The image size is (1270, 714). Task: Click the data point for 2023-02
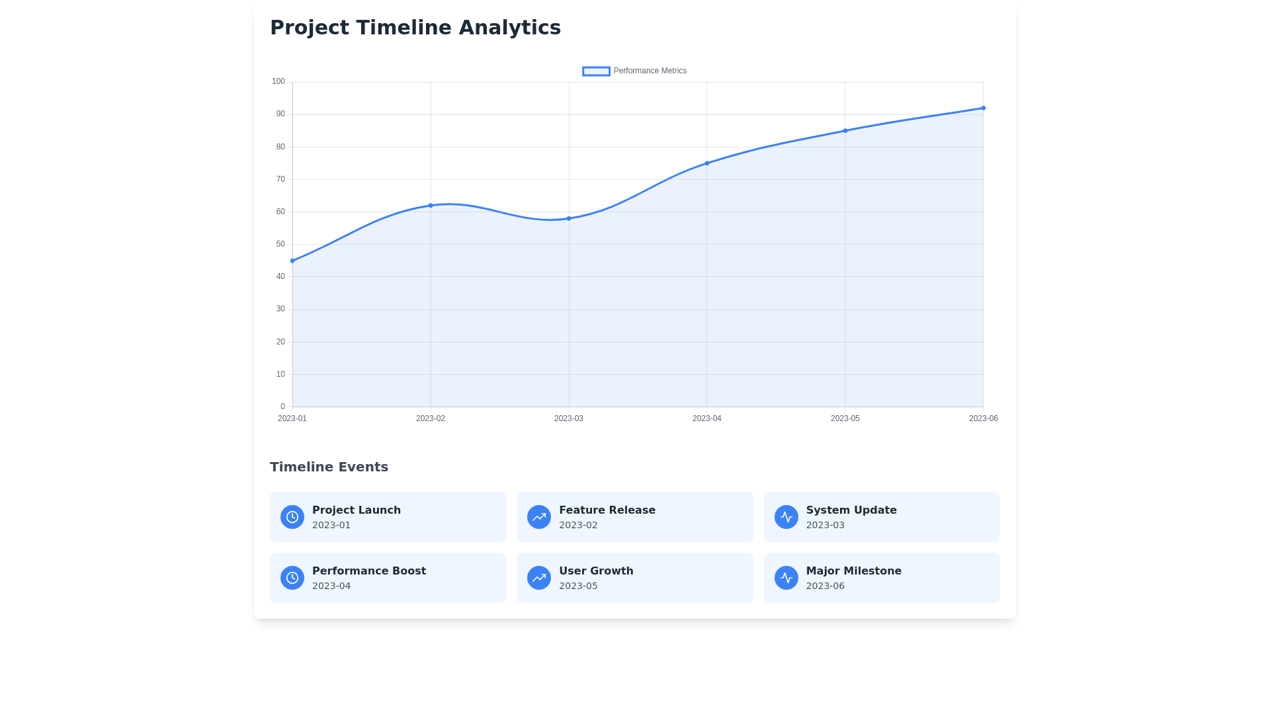coord(431,206)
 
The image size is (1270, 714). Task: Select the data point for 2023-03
coord(569,219)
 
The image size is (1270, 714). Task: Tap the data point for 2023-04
coord(707,163)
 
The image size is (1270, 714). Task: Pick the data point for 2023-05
coord(845,131)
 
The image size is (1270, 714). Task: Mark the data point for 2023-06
coord(984,108)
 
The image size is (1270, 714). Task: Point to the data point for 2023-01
coord(292,261)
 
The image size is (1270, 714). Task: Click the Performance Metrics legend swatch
coord(596,71)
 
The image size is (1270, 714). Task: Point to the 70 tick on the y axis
coord(280,179)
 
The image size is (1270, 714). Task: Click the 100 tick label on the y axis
coord(278,81)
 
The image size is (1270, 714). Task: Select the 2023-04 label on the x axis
coord(706,418)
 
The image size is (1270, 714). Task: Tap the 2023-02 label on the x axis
coord(430,418)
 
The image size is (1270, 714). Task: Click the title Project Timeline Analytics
coord(415,28)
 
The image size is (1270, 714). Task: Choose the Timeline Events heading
coord(329,467)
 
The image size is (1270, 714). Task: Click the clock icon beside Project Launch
coord(292,517)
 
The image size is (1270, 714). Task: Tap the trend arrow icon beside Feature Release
coord(539,517)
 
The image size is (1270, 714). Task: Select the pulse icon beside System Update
coord(786,517)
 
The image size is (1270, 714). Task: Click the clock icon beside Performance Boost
coord(292,578)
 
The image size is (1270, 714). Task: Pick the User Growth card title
coord(595,571)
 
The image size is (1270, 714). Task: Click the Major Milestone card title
coord(853,571)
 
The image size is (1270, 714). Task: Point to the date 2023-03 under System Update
coord(825,525)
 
